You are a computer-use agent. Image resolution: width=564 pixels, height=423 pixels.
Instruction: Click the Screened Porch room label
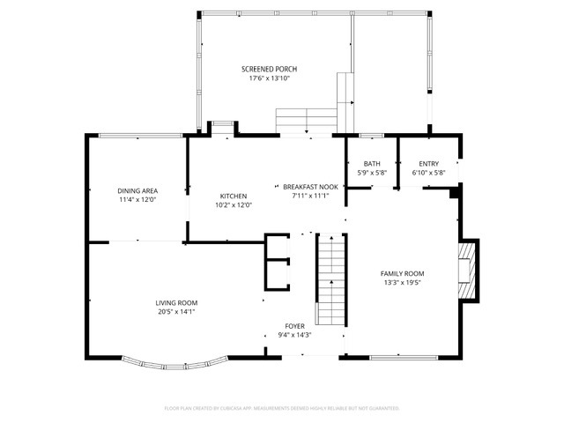point(269,69)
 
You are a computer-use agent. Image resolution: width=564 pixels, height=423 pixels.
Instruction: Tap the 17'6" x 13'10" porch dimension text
point(269,78)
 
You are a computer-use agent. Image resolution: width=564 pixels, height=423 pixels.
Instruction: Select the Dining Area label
point(137,190)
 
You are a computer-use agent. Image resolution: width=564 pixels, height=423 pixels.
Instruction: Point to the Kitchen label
point(233,196)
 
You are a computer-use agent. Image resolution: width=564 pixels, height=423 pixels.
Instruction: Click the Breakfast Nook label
point(310,187)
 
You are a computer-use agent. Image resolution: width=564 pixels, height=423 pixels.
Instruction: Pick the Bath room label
point(372,163)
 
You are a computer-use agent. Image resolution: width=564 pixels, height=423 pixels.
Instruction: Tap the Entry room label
point(428,163)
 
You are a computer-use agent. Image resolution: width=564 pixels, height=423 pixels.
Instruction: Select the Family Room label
point(402,273)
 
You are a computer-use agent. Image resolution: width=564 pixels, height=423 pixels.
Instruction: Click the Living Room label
point(176,302)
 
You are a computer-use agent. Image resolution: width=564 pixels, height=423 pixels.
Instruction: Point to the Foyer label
point(294,326)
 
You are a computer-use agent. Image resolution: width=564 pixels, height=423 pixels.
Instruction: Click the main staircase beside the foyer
point(330,280)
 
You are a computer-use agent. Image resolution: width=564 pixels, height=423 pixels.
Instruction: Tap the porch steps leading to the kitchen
point(305,120)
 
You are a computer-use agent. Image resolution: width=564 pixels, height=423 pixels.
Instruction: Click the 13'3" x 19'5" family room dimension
point(402,283)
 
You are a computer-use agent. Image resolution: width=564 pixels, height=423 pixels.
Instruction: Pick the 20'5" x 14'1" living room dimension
point(176,312)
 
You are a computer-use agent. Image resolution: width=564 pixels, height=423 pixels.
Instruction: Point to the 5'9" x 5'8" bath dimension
point(372,173)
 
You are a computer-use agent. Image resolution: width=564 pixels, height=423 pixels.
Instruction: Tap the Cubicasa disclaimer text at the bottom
point(282,408)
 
